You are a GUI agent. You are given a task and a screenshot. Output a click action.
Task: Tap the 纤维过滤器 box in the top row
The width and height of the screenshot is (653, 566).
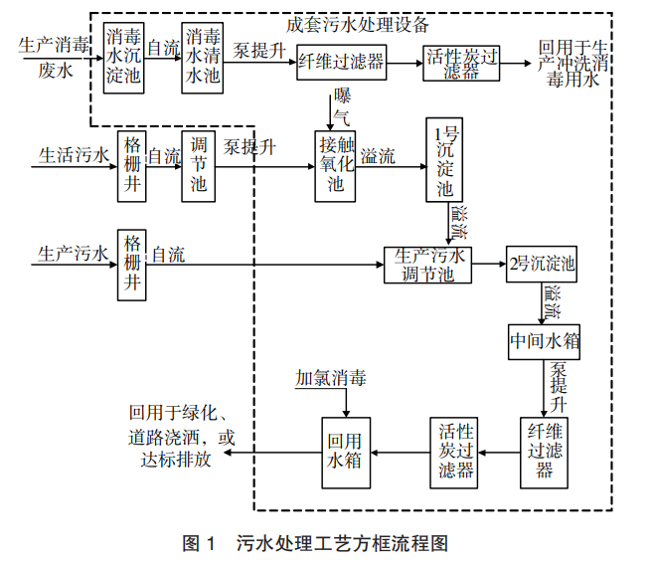341,62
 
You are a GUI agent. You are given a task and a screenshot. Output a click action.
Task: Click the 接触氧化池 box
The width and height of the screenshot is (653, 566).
335,164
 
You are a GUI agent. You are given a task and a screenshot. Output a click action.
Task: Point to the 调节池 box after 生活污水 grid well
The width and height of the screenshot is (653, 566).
199,164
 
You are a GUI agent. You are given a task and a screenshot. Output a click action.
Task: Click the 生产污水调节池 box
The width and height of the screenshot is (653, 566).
427,265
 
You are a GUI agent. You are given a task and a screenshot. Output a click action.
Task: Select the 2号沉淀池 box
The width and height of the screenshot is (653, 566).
542,265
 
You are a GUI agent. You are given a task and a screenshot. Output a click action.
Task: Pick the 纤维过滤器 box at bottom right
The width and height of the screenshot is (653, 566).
545,451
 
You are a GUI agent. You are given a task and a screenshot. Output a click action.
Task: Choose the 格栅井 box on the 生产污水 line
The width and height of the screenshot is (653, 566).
131,264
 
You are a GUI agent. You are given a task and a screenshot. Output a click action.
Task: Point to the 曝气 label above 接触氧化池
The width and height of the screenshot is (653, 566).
343,106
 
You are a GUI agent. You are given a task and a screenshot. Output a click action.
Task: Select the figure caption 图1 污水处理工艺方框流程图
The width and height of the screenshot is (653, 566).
317,543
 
